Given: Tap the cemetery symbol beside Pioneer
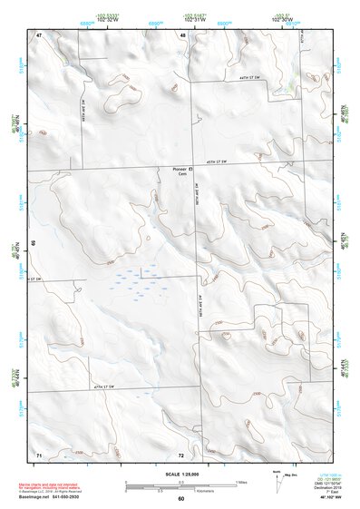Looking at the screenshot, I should pos(190,169).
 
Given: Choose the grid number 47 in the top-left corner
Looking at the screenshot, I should pos(39,34).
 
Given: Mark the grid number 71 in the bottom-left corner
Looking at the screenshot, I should pos(39,452).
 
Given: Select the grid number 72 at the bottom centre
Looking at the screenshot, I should pos(181,452).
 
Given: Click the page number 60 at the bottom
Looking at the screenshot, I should pos(180,499).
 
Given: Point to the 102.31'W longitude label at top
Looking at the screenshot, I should pos(191,17).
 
